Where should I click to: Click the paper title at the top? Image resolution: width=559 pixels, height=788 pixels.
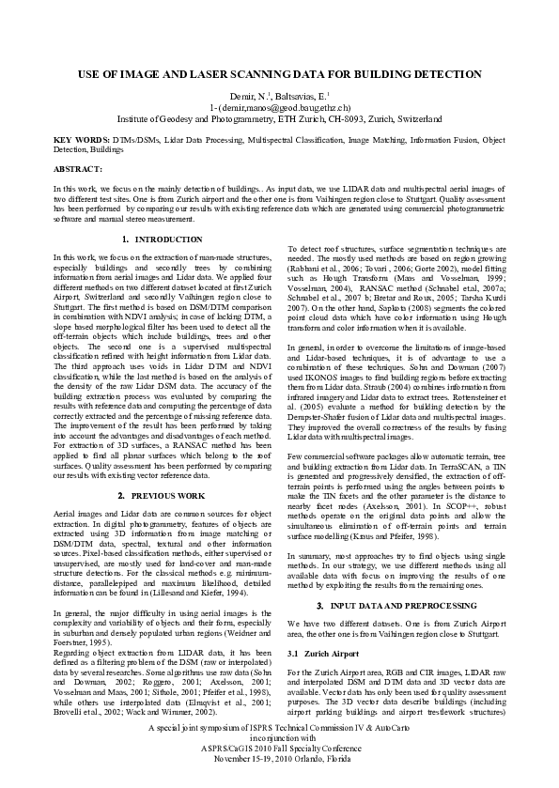coord(279,72)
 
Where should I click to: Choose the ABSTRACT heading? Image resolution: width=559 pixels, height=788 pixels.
coord(78,168)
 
